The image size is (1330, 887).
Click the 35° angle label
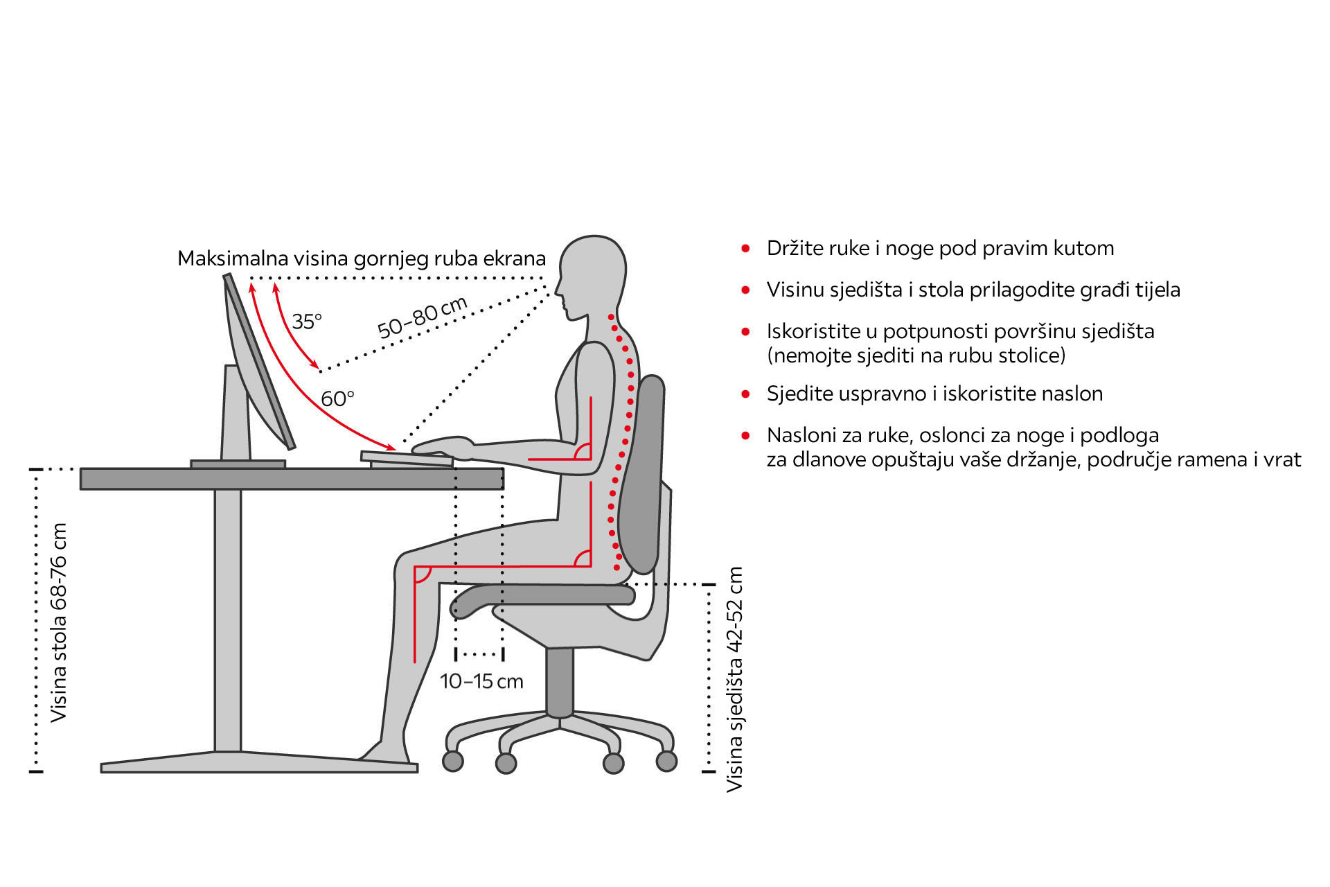coord(307,321)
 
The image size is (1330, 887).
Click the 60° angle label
coord(337,398)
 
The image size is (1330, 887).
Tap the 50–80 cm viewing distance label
coord(423,317)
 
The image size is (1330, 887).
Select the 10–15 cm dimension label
coord(481,681)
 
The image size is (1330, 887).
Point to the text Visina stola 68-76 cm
coord(59,622)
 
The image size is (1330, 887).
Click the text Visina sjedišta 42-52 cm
coord(734,680)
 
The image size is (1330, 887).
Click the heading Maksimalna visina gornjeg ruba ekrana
coord(362,258)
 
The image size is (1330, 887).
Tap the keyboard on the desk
coord(407,458)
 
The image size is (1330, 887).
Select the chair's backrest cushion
coord(641,475)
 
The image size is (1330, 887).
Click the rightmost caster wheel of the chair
coord(666,761)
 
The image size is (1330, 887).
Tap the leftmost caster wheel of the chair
coord(453,761)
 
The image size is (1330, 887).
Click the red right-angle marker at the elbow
coord(583,451)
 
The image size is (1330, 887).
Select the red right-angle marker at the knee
coord(423,574)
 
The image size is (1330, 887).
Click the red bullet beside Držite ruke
coord(745,248)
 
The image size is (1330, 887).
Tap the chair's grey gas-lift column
coord(560,682)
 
